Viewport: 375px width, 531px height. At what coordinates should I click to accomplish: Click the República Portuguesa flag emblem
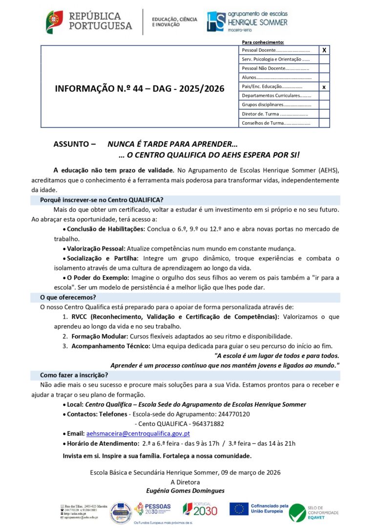coord(54,22)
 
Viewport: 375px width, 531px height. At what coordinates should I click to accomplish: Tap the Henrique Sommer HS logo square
coord(216,22)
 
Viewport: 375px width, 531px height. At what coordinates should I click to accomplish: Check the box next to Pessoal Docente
coord(324,50)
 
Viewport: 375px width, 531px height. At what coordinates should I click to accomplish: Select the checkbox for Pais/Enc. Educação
coord(324,87)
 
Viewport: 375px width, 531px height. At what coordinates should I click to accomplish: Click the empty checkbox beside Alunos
coord(324,77)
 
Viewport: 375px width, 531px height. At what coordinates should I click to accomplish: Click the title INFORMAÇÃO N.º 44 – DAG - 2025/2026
coord(140,88)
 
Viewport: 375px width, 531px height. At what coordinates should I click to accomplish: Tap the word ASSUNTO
coord(72,144)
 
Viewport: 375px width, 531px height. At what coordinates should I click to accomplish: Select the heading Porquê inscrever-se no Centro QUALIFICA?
coord(102,200)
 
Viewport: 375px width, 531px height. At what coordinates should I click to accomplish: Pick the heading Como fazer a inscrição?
coord(74,376)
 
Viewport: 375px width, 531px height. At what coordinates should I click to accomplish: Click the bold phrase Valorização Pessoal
coord(96,248)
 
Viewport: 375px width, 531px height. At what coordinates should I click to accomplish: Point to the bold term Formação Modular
coord(100,336)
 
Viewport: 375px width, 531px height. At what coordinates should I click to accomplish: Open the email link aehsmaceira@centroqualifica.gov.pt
coord(138,434)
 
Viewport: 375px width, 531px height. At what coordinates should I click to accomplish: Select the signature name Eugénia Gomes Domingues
coord(186,490)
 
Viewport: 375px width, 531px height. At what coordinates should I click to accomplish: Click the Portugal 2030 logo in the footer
coord(199,511)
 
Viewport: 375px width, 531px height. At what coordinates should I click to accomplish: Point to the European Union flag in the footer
coord(239,509)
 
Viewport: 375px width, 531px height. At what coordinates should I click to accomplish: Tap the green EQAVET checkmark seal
coord(297,512)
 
